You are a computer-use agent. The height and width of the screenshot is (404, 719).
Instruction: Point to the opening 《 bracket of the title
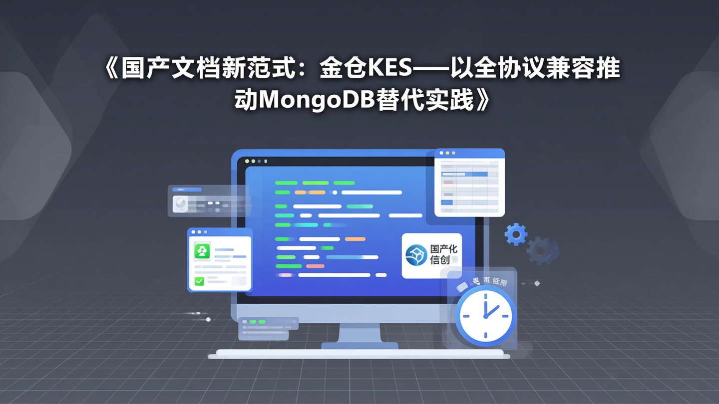(110, 69)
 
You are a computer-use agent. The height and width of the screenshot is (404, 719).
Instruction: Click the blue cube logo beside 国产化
(415, 255)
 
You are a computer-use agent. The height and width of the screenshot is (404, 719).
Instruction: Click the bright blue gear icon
(516, 234)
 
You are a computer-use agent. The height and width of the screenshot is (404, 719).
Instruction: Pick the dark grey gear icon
(543, 250)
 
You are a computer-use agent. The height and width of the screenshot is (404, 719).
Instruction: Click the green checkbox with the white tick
(199, 281)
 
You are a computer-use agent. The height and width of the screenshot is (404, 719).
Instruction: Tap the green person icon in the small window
(202, 251)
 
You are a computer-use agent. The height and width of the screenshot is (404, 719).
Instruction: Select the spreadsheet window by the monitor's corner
(469, 183)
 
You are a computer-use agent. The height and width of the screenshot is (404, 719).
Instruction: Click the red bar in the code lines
(315, 266)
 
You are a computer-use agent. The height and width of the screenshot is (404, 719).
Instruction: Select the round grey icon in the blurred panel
(180, 203)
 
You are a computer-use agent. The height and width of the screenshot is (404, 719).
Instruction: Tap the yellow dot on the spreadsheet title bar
(447, 153)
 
